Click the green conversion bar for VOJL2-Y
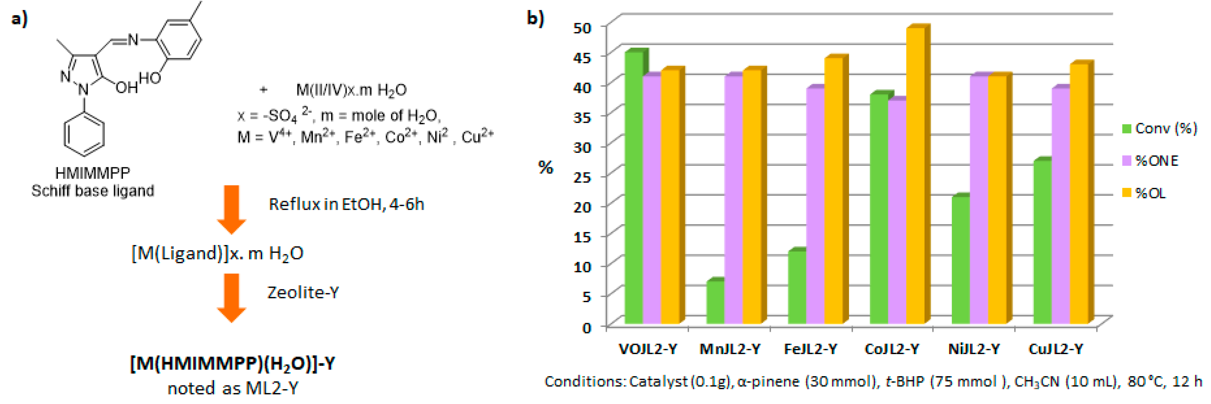click(633, 188)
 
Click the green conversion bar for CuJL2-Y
click(1042, 242)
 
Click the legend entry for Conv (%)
click(1159, 128)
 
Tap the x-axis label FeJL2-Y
click(810, 349)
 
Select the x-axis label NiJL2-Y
click(974, 349)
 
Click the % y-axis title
click(545, 167)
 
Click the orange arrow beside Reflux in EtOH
click(231, 209)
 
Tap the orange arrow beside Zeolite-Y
click(231, 297)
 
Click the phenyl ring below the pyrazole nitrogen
click(84, 135)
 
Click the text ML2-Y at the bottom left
click(272, 389)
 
